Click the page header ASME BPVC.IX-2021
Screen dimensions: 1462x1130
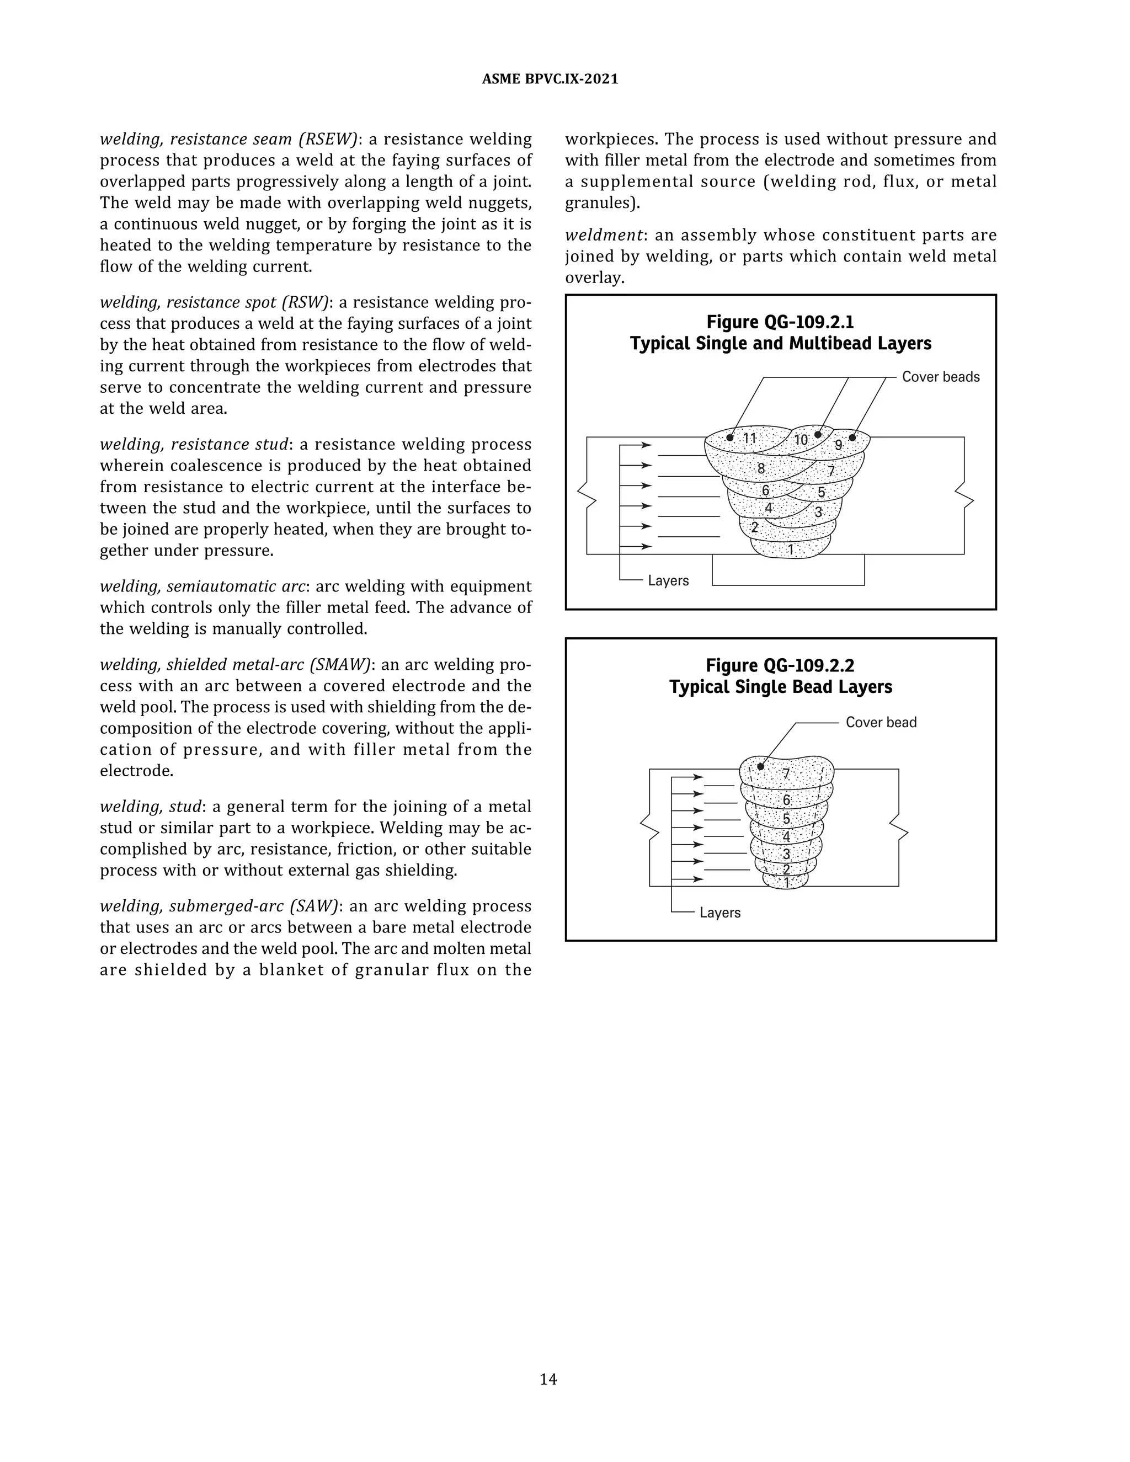tap(550, 79)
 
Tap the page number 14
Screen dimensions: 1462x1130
tap(548, 1379)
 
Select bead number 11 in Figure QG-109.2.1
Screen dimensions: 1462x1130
tap(750, 439)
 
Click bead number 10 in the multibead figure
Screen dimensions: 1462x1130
tap(801, 440)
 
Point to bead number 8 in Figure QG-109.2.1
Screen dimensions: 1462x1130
tap(761, 468)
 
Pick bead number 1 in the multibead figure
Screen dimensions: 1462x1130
tap(790, 549)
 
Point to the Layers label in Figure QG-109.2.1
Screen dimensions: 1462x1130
tap(668, 580)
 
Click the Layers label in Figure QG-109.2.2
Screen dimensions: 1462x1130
tap(719, 913)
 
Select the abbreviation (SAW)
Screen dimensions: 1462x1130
tap(314, 906)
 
